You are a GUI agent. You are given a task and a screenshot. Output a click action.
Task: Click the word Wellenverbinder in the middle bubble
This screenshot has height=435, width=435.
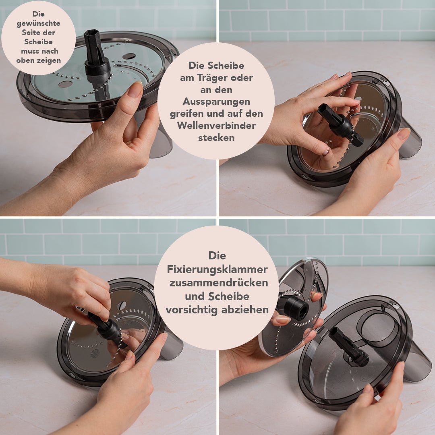216,125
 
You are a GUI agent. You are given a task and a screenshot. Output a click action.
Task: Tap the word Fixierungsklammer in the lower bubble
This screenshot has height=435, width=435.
217,269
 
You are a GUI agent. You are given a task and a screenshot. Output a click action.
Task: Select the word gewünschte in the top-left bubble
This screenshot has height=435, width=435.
38,23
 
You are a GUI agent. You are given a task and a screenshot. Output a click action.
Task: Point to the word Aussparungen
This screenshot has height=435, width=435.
216,102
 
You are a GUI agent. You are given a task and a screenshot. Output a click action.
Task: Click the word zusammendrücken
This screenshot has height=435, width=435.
219,283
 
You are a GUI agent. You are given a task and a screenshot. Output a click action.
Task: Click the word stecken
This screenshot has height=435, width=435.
216,138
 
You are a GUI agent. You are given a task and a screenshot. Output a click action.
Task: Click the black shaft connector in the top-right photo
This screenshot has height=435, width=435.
340,125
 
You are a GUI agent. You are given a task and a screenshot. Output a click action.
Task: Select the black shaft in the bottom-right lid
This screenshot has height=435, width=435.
348,346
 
